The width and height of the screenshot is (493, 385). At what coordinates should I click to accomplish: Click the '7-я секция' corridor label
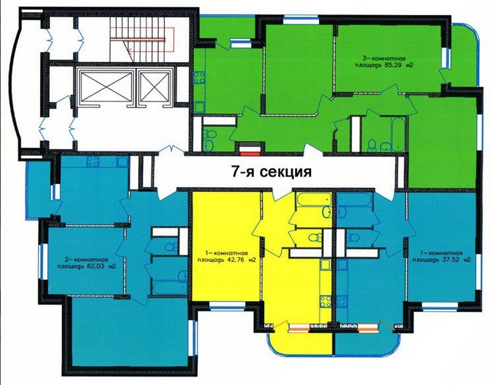point(271,171)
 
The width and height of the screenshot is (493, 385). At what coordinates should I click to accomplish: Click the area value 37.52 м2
point(456,260)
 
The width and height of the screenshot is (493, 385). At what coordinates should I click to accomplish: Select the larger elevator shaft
point(106,87)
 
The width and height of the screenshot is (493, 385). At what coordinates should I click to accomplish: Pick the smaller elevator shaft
point(154,87)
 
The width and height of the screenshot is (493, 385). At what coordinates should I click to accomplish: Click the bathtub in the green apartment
point(398,134)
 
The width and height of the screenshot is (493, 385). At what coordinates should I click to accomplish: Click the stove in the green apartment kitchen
point(199,78)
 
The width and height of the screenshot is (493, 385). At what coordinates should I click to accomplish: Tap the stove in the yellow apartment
point(325,301)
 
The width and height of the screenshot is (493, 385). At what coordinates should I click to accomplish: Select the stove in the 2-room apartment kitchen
point(93,162)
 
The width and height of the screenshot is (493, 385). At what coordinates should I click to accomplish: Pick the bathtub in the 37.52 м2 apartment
point(354,199)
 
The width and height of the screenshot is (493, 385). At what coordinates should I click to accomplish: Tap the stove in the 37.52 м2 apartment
point(342,301)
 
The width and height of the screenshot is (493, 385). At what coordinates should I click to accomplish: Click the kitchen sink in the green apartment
point(199,107)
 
